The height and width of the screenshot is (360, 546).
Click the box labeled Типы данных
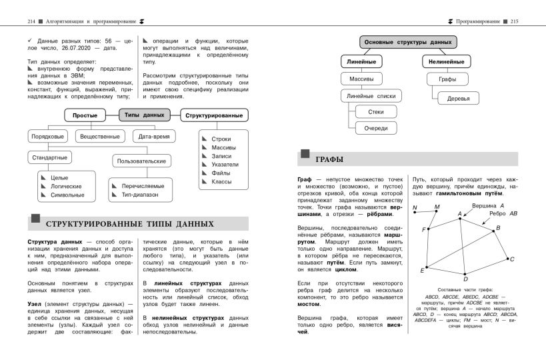(x=144, y=115)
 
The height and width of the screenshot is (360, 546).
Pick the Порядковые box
(x=48, y=137)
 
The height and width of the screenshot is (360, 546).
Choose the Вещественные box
(x=100, y=137)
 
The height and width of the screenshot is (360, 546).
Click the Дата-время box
(x=154, y=137)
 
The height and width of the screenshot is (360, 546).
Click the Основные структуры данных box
(x=408, y=42)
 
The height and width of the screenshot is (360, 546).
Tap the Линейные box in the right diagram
(x=361, y=62)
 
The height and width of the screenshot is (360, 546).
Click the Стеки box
(x=375, y=111)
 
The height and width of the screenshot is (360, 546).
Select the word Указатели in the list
(x=225, y=163)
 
